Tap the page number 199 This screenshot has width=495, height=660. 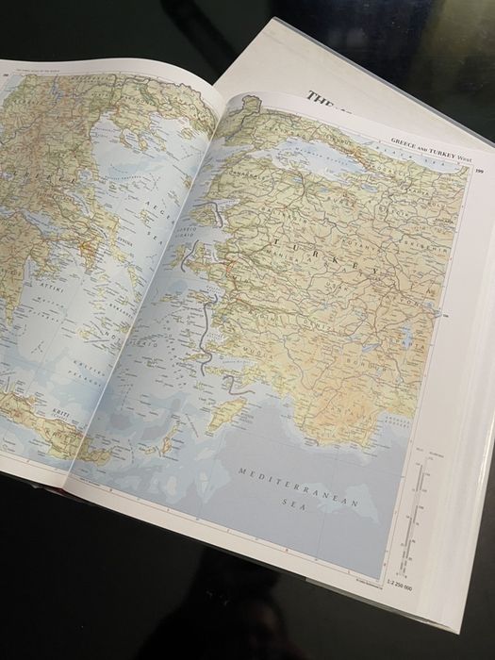[x=480, y=171]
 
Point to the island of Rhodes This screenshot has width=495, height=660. [x=224, y=415]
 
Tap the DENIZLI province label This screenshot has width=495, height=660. [x=311, y=325]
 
